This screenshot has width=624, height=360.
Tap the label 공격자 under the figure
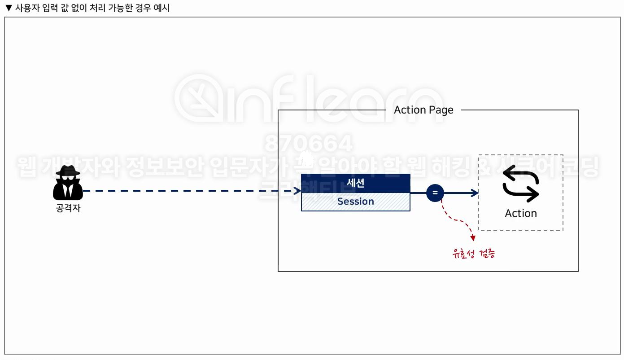pos(68,208)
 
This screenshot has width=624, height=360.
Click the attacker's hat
pos(68,171)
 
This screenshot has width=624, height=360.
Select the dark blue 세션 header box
pos(355,183)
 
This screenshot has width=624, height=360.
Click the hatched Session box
pos(355,202)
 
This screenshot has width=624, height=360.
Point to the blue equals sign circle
pos(435,193)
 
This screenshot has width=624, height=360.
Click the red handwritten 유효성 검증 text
pos(474,254)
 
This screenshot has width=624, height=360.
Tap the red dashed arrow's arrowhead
pos(472,237)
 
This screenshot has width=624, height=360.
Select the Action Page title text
pos(423,110)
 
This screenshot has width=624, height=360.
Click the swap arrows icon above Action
pos(520,184)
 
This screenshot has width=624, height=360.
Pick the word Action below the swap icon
pos(520,213)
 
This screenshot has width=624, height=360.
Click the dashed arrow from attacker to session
pos(188,191)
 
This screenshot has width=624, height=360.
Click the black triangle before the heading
pos(8,8)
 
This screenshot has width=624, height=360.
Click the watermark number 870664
pos(309,144)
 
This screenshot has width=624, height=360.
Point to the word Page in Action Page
pos(441,110)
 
